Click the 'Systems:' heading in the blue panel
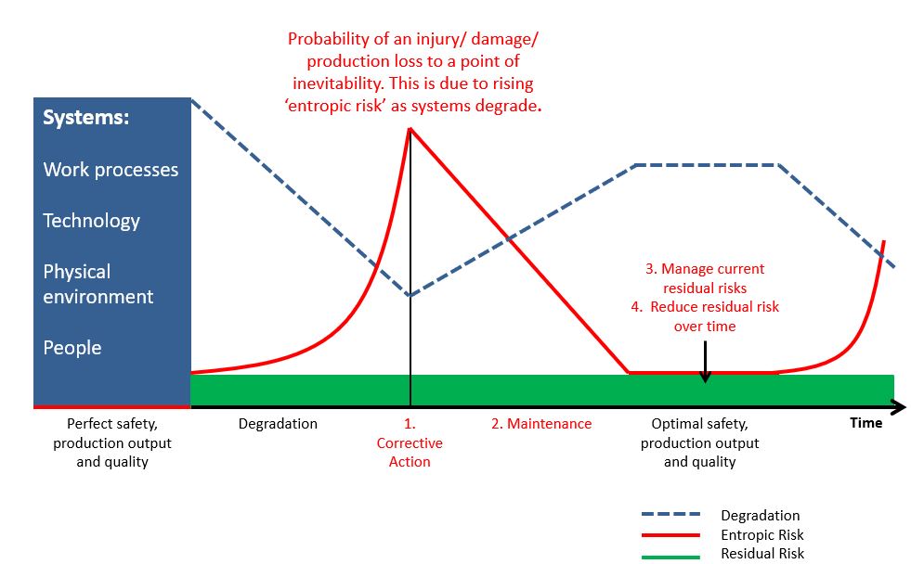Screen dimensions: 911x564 pos(86,117)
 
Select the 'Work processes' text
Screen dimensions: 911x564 pos(111,170)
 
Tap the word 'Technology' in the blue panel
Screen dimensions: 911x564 pos(91,221)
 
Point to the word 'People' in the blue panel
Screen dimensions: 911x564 pos(72,348)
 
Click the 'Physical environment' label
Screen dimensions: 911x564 pos(98,285)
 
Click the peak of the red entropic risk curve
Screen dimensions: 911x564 pos(410,128)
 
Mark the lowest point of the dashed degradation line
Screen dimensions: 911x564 pos(410,295)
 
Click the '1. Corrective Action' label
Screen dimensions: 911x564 pos(410,442)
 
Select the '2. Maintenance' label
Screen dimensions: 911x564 pos(541,424)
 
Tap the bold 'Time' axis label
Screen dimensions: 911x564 pos(865,423)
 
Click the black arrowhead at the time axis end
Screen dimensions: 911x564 pos(899,406)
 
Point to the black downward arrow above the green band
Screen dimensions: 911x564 pos(705,362)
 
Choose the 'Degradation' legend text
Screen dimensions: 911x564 pos(760,515)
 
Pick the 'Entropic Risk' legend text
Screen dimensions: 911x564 pos(762,534)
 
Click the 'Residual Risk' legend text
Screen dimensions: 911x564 pos(762,554)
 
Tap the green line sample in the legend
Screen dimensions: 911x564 pos(670,557)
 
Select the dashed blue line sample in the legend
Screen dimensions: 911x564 pos(670,514)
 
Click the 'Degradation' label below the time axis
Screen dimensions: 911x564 pos(278,424)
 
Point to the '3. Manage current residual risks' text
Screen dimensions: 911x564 pos(705,278)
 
